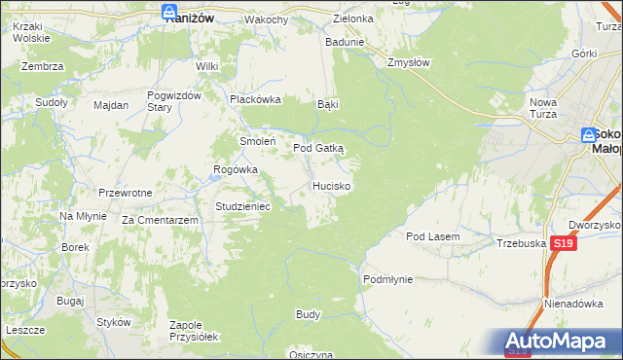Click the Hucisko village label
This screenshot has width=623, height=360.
pyautogui.click(x=332, y=185)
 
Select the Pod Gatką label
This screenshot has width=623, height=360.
pyautogui.click(x=318, y=148)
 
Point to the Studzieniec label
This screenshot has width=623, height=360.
pyautogui.click(x=248, y=206)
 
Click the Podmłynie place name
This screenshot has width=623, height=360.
pyautogui.click(x=388, y=279)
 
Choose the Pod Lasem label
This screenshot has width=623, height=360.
pyautogui.click(x=432, y=236)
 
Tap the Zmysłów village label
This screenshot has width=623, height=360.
pyautogui.click(x=409, y=61)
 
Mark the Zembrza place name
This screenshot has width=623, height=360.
pyautogui.click(x=46, y=66)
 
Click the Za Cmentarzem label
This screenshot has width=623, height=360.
pyautogui.click(x=161, y=221)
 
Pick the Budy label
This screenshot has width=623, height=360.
pyautogui.click(x=308, y=315)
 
